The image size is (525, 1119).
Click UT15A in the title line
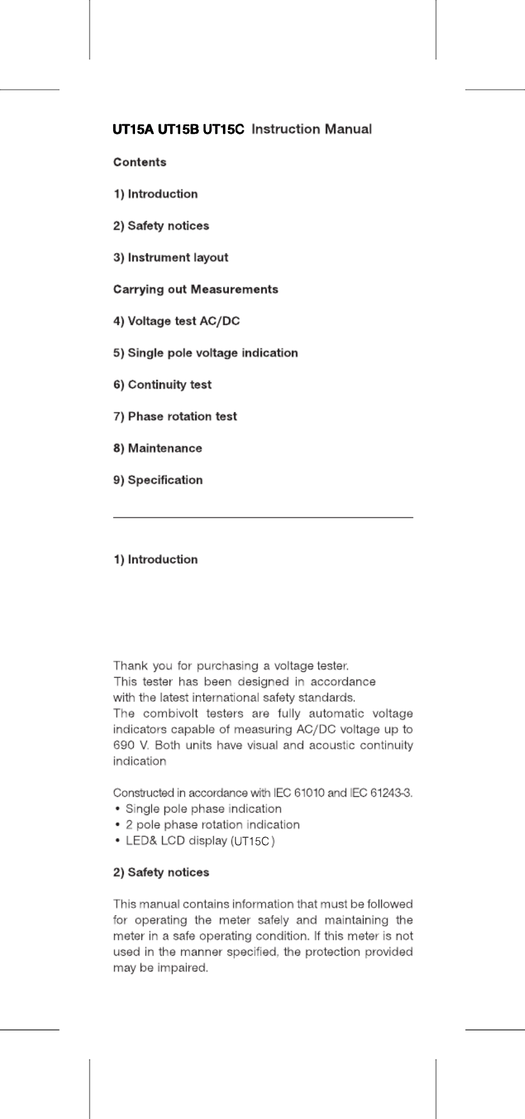coord(133,130)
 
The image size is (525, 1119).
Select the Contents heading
coord(139,163)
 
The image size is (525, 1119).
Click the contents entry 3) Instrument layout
coord(170,257)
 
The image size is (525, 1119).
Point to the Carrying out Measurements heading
coord(195,289)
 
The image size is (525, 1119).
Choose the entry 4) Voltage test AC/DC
coord(176,322)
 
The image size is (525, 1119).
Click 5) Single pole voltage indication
coord(205,353)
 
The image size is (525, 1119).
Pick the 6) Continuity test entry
coord(162,385)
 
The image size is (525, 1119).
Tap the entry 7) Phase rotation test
coord(175,416)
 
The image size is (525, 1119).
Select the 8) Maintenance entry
coord(157,448)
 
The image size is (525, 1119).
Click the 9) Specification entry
coord(158,480)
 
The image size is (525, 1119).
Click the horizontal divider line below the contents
coord(262,517)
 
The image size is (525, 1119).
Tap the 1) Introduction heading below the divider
coord(155,559)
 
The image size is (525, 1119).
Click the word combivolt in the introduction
coord(170,713)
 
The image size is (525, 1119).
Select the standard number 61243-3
coord(392,792)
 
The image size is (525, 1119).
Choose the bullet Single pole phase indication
coord(203,809)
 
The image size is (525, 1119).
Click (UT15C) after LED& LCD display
coord(253,841)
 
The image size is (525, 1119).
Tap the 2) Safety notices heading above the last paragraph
coord(161,872)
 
